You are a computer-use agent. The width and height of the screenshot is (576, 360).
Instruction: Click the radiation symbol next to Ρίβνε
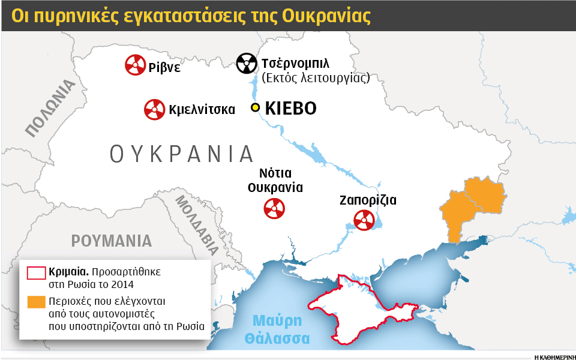[x=134, y=65]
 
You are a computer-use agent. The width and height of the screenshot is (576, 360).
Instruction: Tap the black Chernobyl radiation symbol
[x=246, y=63]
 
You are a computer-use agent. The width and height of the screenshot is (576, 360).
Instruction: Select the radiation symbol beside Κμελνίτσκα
[x=154, y=109]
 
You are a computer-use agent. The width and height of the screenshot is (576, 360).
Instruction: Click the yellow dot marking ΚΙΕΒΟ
[x=255, y=108]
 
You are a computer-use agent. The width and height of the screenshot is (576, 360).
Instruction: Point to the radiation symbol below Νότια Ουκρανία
[x=274, y=208]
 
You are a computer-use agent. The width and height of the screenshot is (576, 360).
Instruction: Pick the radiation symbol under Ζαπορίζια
[x=364, y=220]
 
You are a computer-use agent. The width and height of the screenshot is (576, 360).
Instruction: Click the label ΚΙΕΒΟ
[x=290, y=109]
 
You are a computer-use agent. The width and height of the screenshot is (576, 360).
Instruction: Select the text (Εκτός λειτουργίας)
[x=315, y=78]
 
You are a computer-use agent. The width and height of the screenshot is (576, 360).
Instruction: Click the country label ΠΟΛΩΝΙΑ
[x=51, y=109]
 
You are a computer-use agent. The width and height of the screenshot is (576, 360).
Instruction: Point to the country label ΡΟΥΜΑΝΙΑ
[x=112, y=241]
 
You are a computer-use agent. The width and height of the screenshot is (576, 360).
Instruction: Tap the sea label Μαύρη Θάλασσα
[x=277, y=329]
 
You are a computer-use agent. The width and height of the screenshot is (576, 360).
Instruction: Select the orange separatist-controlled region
[x=474, y=201]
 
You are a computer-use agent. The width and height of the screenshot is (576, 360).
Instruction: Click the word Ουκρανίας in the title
[x=326, y=16]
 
